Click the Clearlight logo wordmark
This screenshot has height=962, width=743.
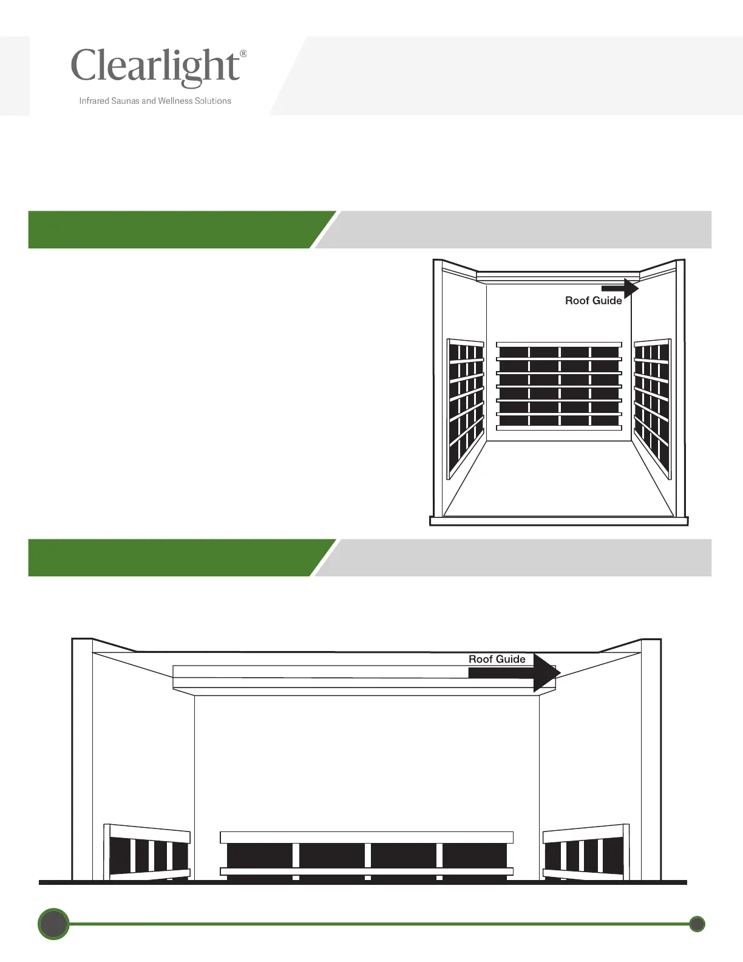(155, 66)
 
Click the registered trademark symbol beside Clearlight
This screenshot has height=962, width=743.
(243, 54)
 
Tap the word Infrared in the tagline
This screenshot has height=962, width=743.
(94, 101)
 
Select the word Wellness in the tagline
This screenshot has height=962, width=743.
(175, 101)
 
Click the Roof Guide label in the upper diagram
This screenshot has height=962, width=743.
(593, 301)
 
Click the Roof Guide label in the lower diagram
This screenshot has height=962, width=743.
(497, 659)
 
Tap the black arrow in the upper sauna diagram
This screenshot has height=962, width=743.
(620, 288)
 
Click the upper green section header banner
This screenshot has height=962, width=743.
(176, 230)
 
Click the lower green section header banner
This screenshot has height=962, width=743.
(176, 558)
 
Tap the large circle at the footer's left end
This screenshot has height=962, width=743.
(53, 924)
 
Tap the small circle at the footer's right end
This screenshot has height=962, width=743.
(697, 924)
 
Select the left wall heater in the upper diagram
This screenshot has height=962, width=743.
(466, 407)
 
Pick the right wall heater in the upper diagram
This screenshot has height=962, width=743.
(652, 407)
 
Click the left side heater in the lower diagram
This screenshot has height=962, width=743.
(148, 853)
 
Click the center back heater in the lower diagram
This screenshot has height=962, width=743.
(367, 855)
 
